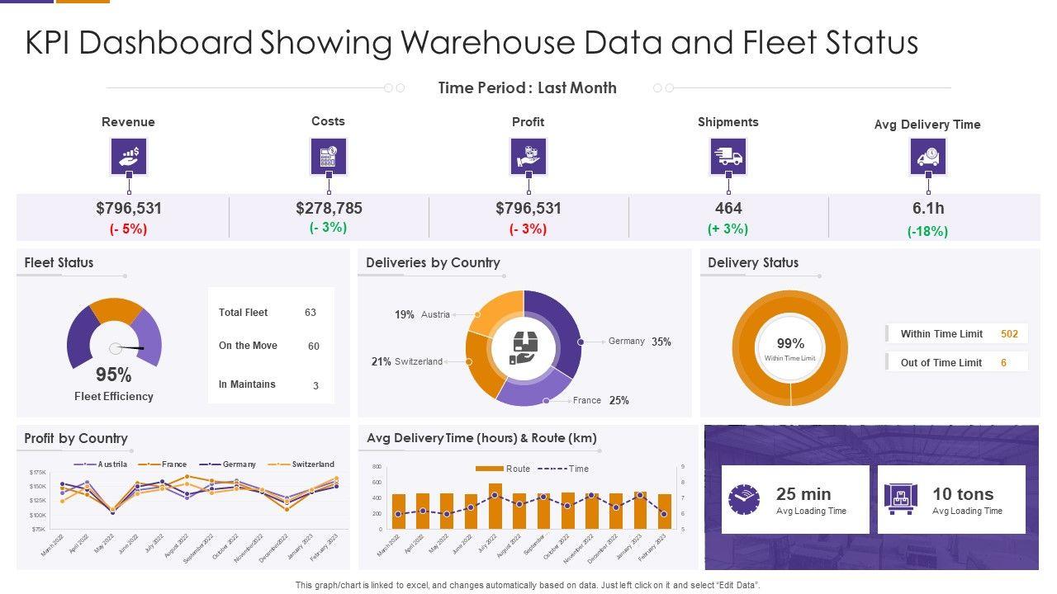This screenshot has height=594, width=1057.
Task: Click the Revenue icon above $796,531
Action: [129, 157]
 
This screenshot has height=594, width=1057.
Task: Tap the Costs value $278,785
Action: [329, 209]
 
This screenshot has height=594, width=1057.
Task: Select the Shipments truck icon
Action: [728, 157]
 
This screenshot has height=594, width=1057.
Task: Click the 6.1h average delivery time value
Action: [928, 209]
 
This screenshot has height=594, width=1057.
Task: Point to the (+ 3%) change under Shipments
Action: [728, 229]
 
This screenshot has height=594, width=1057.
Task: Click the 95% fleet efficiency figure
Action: [113, 375]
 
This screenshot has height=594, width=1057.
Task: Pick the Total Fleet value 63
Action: [310, 313]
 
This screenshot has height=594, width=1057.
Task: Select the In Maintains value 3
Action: [315, 385]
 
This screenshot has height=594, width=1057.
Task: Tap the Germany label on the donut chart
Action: [626, 341]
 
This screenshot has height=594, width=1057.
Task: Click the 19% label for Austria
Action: [404, 314]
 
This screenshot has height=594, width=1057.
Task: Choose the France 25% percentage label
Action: [619, 400]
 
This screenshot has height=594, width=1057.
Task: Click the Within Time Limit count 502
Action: [1009, 334]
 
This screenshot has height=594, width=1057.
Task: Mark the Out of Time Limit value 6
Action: [1003, 363]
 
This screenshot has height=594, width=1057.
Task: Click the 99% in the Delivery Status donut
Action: [790, 343]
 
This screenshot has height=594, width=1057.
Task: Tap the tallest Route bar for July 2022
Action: [495, 506]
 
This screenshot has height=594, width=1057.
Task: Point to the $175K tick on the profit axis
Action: [38, 472]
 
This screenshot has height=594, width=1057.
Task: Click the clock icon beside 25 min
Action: [743, 500]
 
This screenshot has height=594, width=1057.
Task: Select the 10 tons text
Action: [962, 494]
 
